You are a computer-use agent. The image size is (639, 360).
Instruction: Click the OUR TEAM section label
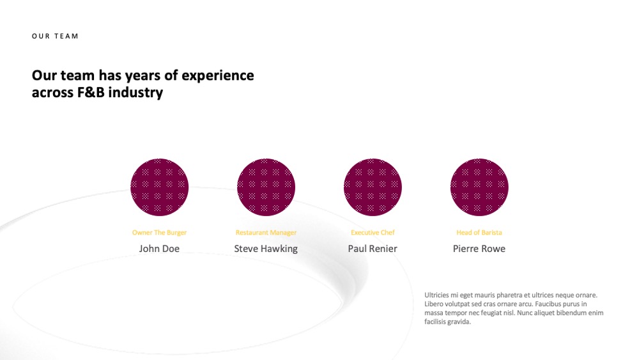pos(55,36)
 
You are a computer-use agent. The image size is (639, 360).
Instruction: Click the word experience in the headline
pos(218,76)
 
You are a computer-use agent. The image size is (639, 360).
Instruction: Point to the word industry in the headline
pos(135,93)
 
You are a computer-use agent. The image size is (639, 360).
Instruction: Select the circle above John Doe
pos(159,187)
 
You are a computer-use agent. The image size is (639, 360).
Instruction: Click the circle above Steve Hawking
pos(266,187)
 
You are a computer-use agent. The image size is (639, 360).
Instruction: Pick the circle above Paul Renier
pos(373,187)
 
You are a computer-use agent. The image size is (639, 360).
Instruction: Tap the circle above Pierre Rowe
pos(479,187)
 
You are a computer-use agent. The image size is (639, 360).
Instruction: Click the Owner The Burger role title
pos(159,232)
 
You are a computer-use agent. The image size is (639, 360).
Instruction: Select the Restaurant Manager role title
pos(266,232)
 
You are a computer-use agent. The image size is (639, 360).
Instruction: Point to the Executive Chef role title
pos(373,232)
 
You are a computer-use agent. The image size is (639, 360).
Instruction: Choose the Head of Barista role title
pos(479,232)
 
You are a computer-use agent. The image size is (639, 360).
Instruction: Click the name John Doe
pos(159,249)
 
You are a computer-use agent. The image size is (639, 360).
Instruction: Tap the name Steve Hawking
pos(266,249)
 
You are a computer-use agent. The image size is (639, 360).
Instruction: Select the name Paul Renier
pos(373,249)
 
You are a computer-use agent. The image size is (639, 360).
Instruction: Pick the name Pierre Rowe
pos(479,249)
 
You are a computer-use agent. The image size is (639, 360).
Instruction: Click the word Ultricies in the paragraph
pos(436,295)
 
